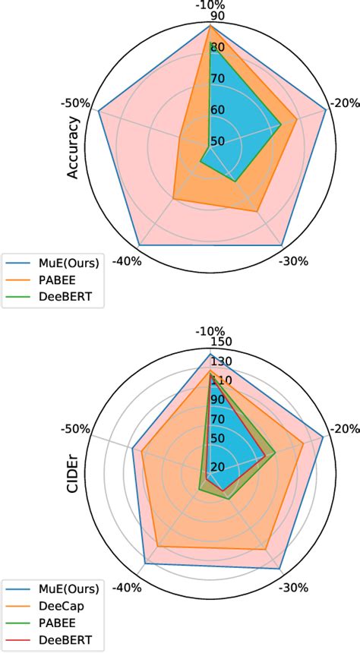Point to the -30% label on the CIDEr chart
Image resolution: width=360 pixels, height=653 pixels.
[x=294, y=587]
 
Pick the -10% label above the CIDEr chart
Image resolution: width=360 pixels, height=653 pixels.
[x=210, y=332]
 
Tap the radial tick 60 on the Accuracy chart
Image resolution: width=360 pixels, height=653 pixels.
[x=218, y=110]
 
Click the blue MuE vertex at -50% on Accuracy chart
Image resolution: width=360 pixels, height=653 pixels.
[x=99, y=111]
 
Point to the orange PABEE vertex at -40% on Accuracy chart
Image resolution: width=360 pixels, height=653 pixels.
[x=173, y=200]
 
